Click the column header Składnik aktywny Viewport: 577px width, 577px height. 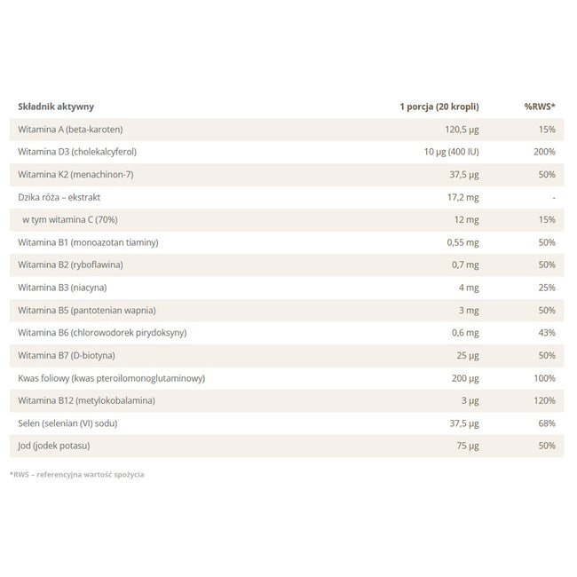[x=56, y=107]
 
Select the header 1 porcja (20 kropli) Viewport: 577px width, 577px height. [x=439, y=107]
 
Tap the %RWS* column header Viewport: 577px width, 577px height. [x=540, y=107]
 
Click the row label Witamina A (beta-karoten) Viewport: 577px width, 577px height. [x=70, y=130]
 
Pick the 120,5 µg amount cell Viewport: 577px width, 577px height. [x=462, y=130]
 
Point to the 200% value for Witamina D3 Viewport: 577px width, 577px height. [x=544, y=152]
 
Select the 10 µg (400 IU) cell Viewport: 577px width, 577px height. [x=452, y=152]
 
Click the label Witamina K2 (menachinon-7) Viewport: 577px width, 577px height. [x=75, y=174]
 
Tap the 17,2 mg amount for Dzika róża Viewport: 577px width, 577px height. [x=462, y=198]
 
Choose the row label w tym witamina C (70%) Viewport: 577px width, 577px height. [x=70, y=219]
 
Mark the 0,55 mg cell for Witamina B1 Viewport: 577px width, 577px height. [x=462, y=242]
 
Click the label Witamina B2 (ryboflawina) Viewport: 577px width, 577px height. [x=70, y=265]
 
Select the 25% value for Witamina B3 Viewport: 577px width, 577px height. [x=547, y=288]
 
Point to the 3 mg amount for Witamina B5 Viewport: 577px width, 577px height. [x=469, y=310]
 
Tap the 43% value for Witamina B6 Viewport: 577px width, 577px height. [x=547, y=333]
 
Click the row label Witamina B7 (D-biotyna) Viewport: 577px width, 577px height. [x=67, y=355]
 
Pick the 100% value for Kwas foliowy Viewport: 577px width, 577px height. [x=545, y=378]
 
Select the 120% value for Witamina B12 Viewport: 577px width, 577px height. [x=545, y=400]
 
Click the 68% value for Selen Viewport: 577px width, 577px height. [x=547, y=423]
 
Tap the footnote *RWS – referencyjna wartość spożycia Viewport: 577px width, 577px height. [x=77, y=475]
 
